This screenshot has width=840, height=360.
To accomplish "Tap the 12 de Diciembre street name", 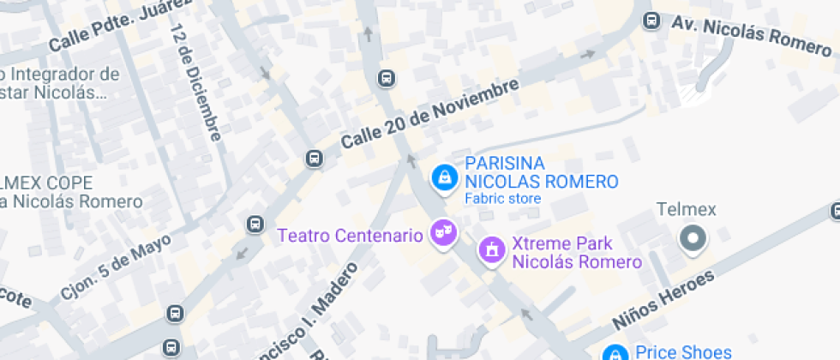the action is point(195,82).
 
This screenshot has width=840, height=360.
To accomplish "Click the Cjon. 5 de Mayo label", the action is point(115,267).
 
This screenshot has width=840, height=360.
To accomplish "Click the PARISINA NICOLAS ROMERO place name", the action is point(541,172).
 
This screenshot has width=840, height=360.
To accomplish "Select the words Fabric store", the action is point(502,199).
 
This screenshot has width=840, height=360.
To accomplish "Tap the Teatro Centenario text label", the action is point(350,234).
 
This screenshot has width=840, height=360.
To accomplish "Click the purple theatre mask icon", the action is point(443,231).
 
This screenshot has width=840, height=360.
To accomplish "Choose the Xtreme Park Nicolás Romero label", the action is point(576,253).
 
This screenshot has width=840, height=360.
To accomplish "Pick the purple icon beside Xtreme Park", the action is point(491,249).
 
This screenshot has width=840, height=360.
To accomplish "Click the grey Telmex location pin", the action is point(693,237).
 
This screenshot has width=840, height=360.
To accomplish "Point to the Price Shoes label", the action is point(683,351).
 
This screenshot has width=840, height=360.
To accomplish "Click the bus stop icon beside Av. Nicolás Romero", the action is point(652,21).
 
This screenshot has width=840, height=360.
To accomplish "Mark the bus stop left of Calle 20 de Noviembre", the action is point(315,158).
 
